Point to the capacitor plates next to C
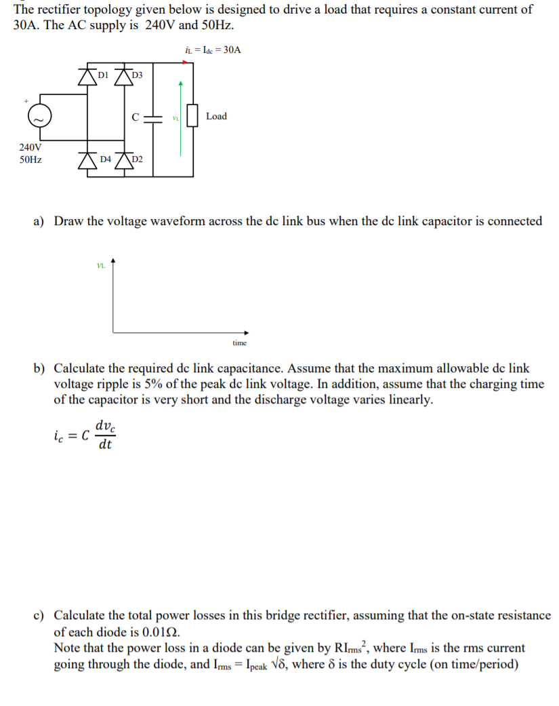(x=153, y=117)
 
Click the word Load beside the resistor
(x=216, y=117)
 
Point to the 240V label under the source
(x=30, y=147)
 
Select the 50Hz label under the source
(x=30, y=160)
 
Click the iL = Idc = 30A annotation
(x=213, y=50)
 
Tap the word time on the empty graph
(x=239, y=343)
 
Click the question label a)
(x=39, y=222)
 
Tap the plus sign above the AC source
(x=26, y=100)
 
